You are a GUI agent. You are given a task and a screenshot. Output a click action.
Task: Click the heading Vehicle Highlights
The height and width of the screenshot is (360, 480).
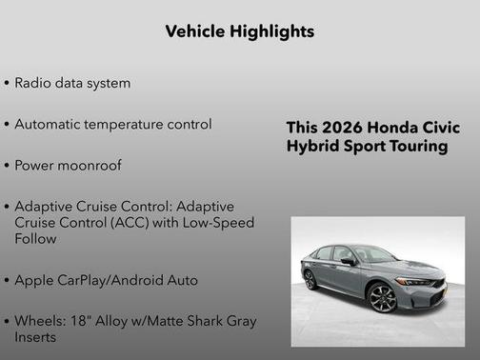pos(239,31)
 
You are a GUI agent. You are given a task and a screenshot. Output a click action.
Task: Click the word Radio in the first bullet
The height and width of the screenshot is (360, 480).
pos(32,83)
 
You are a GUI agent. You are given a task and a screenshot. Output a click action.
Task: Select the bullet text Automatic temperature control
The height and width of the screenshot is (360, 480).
pos(112,124)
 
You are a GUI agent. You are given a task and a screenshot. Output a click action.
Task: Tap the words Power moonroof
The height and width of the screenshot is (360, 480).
pos(69,165)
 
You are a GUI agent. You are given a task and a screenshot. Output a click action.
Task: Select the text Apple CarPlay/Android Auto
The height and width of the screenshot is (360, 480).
pos(106,280)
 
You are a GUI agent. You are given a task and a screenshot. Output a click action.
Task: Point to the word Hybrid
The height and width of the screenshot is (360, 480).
pos(312,147)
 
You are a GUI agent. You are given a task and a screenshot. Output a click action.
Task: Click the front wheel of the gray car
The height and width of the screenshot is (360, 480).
pos(383,297)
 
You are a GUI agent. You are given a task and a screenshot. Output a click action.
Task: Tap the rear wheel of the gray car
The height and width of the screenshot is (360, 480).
pos(310,280)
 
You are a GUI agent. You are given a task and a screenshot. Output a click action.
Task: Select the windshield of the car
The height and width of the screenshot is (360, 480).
pos(372,254)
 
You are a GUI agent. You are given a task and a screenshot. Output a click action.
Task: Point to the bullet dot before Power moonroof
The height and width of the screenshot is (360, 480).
pos(7,166)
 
